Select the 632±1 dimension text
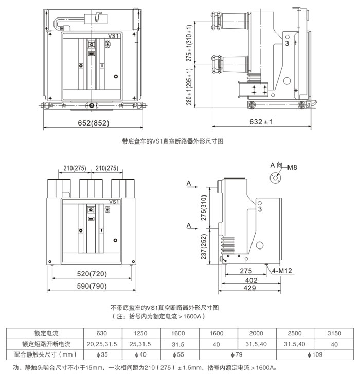(261, 122)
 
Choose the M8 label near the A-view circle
(293, 167)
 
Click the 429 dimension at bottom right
(250, 289)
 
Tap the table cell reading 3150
(334, 333)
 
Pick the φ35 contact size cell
(102, 354)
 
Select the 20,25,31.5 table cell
(102, 344)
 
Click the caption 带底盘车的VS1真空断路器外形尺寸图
(172, 140)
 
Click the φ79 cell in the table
(235, 354)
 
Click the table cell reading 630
(102, 333)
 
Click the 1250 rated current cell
(140, 333)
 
